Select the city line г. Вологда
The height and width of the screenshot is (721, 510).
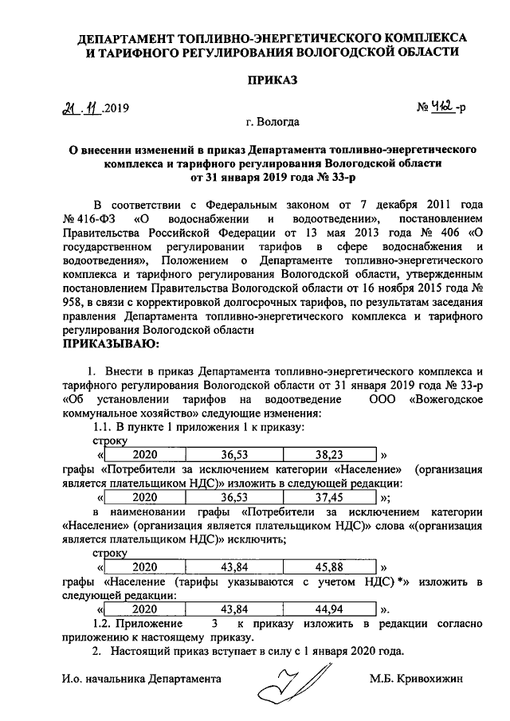point(273,123)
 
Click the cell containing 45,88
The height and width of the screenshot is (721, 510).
point(328,566)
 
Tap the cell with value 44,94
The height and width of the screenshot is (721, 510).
point(328,609)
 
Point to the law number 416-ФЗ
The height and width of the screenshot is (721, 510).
point(96,218)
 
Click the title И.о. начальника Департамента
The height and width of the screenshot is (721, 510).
point(140,679)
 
